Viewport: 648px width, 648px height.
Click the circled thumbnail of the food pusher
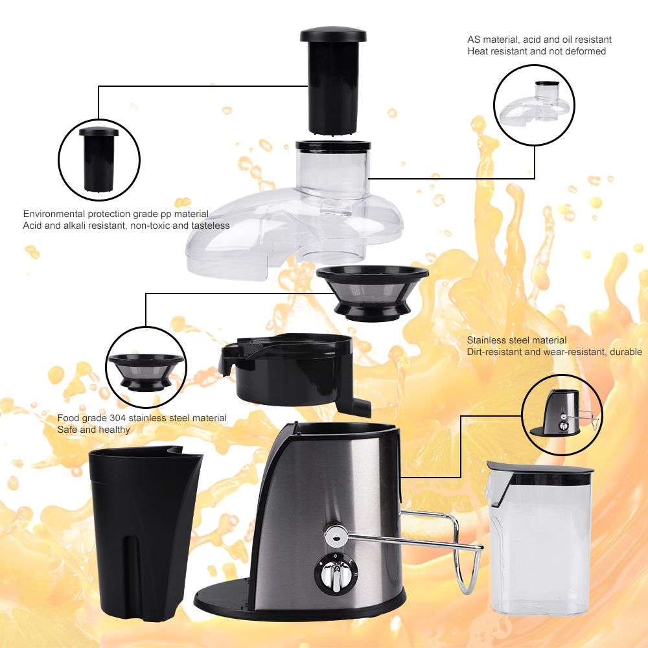tap(98, 159)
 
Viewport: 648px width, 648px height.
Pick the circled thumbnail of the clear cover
tap(535, 104)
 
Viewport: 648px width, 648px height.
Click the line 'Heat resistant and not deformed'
tap(537, 51)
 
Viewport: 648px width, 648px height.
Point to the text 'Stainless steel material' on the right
tap(516, 340)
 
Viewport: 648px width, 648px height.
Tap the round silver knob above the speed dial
tap(336, 533)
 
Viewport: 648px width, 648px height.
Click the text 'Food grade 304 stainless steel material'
tap(142, 418)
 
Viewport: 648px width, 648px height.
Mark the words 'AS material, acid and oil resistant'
tap(539, 40)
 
